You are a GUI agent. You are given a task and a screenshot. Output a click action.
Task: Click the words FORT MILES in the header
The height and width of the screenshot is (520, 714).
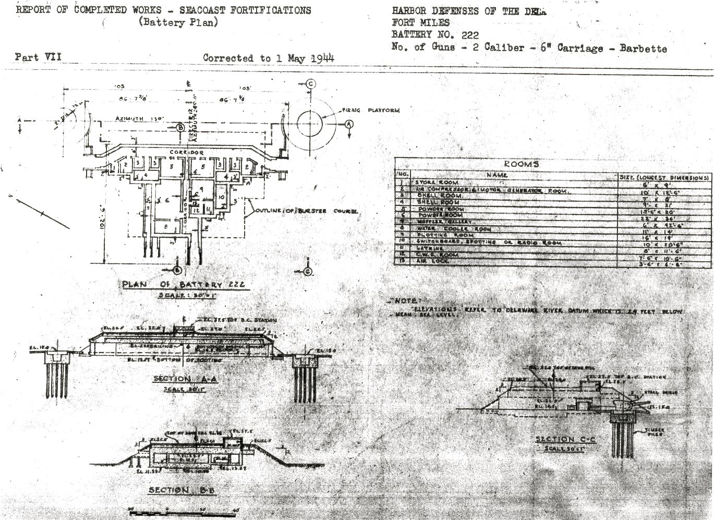(x=420, y=23)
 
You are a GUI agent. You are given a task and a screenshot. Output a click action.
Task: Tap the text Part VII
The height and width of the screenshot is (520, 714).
(x=38, y=57)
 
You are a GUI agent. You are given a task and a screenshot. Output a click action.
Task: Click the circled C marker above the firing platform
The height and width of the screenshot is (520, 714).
(x=310, y=84)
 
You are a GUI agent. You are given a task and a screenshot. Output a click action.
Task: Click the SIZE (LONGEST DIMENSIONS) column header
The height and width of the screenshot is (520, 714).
(x=663, y=177)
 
